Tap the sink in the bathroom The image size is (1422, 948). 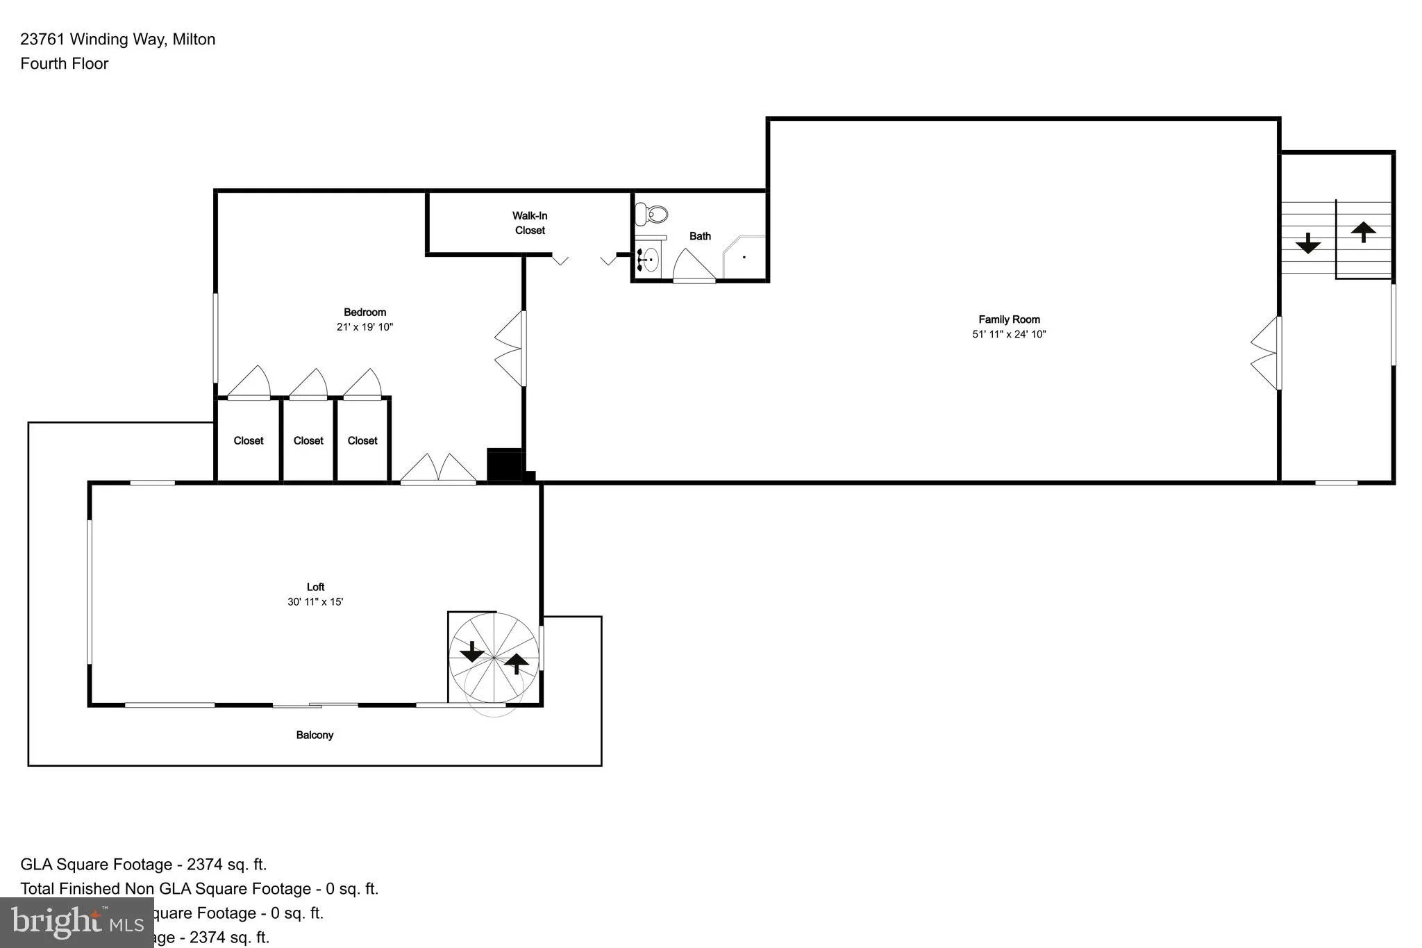tap(649, 260)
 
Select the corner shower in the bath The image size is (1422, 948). tap(745, 257)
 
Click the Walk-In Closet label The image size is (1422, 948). tap(530, 223)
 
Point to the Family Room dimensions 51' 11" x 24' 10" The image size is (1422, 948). tap(1009, 334)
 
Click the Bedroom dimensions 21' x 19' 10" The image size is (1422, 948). tap(365, 327)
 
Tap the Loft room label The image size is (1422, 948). tap(315, 587)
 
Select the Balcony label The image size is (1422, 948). tap(315, 735)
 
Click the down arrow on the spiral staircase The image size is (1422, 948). tap(472, 651)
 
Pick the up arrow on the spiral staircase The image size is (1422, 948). tap(516, 663)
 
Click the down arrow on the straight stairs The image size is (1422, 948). tap(1308, 243)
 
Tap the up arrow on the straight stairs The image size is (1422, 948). tap(1363, 231)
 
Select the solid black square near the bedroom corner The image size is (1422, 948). tap(504, 465)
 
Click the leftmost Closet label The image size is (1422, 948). tap(249, 440)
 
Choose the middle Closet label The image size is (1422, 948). tap(308, 440)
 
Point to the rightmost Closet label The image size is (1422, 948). tap(362, 440)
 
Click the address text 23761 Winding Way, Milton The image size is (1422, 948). tap(118, 40)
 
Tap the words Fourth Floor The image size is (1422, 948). tap(65, 64)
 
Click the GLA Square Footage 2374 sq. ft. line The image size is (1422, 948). tap(144, 865)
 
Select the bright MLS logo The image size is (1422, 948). tap(77, 922)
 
